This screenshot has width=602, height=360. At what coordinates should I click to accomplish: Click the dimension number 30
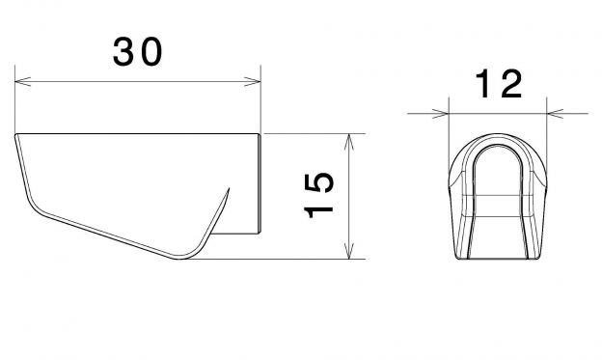pyautogui.click(x=137, y=52)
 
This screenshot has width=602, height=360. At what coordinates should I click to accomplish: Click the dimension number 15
pyautogui.click(x=318, y=196)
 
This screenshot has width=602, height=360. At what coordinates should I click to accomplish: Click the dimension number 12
pyautogui.click(x=499, y=84)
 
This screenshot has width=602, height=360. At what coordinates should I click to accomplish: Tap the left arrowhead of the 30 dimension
pyautogui.click(x=22, y=81)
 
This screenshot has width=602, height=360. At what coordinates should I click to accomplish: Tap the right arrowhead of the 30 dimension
pyautogui.click(x=252, y=81)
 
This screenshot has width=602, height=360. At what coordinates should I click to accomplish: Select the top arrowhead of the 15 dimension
pyautogui.click(x=348, y=142)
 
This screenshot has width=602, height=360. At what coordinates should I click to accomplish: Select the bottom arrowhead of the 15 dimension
pyautogui.click(x=348, y=251)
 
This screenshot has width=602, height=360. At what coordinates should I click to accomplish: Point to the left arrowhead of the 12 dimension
pyautogui.click(x=440, y=114)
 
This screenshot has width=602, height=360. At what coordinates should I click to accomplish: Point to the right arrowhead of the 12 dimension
pyautogui.click(x=555, y=114)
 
